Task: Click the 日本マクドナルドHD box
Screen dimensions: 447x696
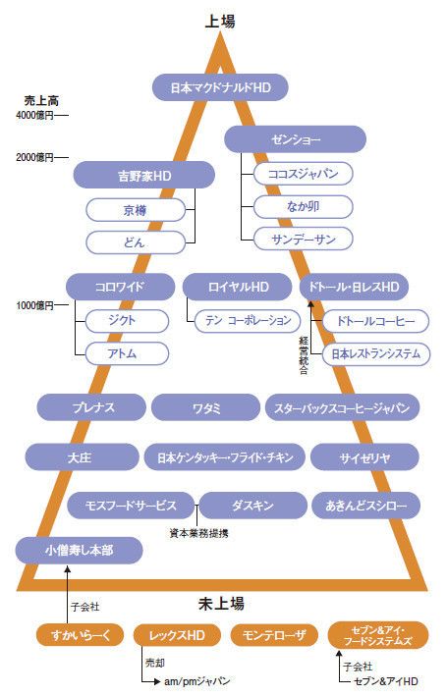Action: [220, 87]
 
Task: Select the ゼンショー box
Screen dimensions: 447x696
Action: [295, 139]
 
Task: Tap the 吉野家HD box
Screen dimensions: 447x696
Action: [144, 176]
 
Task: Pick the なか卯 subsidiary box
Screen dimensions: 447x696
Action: [303, 206]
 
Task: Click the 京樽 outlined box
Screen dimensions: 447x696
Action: [135, 209]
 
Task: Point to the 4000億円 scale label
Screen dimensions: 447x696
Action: [34, 116]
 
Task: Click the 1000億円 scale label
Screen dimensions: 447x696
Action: [34, 305]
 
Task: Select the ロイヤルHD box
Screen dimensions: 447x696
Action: [238, 287]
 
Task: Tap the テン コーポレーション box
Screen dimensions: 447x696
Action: [248, 320]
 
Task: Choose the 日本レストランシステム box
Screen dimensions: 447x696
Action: [376, 353]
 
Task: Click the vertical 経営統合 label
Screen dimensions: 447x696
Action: [304, 355]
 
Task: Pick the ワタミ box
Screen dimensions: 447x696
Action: [205, 407]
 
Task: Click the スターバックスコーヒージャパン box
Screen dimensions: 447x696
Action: [342, 407]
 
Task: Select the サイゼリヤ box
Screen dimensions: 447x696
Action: [364, 457]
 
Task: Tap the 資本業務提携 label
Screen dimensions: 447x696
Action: [199, 533]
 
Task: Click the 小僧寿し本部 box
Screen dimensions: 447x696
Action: [80, 551]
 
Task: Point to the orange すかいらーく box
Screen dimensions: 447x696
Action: [80, 635]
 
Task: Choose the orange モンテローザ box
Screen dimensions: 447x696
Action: [274, 635]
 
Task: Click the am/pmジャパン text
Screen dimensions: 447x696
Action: [196, 681]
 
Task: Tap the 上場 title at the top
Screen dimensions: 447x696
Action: [220, 21]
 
